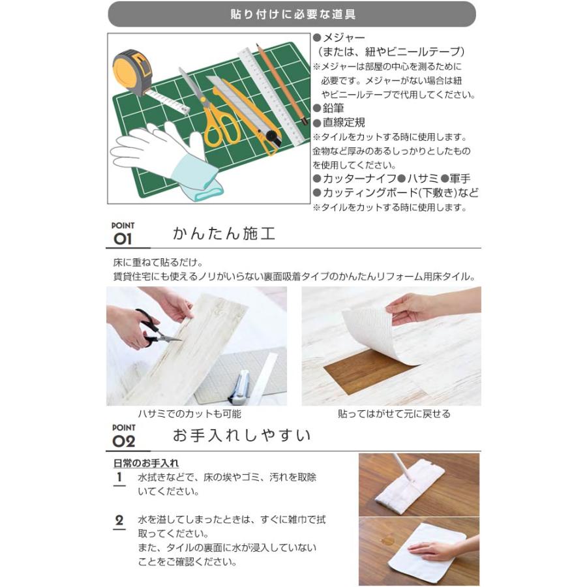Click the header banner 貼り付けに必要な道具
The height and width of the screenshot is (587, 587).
click(292, 14)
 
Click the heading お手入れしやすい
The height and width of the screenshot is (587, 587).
click(241, 435)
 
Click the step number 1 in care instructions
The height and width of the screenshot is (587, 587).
click(119, 477)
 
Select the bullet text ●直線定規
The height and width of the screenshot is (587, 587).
click(339, 122)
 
